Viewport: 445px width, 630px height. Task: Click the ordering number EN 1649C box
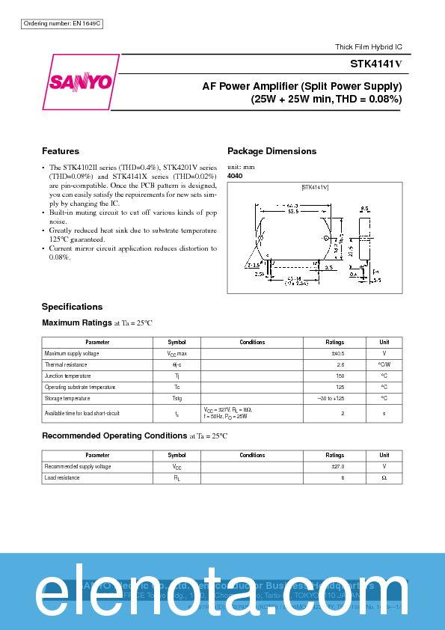(x=62, y=24)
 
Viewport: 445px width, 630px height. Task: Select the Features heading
(x=61, y=151)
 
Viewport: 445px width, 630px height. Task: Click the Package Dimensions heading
(x=271, y=151)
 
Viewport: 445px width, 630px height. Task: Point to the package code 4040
(x=235, y=176)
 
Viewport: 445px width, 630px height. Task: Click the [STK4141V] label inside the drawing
(x=315, y=188)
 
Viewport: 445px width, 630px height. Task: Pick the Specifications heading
(x=72, y=307)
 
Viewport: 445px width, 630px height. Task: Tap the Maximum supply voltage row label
(x=72, y=353)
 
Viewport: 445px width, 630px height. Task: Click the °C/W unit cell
(x=384, y=364)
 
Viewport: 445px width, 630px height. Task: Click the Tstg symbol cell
(x=177, y=398)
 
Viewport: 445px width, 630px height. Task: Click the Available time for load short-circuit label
(x=82, y=413)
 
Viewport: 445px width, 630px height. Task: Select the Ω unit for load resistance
(x=384, y=477)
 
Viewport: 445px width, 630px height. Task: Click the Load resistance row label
(x=62, y=477)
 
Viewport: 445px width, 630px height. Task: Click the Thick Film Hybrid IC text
(x=368, y=47)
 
